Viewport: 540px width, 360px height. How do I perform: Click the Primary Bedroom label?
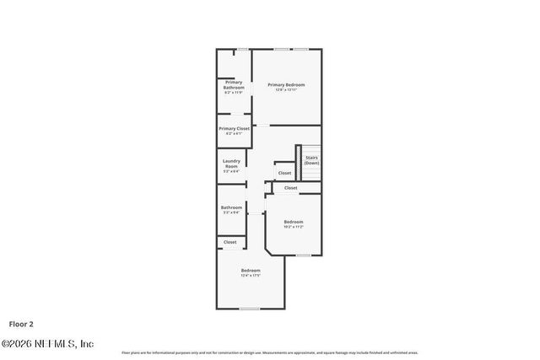286,84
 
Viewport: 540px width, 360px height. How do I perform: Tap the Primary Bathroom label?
234,84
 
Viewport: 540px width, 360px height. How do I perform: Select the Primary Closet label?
234,128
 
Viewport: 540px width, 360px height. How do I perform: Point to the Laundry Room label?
231,163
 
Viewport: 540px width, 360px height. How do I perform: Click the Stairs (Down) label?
311,159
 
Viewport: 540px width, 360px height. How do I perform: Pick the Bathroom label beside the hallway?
231,207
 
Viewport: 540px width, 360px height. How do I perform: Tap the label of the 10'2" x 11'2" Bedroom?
293,222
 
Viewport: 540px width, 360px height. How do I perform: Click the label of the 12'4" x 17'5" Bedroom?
251,271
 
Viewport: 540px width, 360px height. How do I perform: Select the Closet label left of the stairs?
284,173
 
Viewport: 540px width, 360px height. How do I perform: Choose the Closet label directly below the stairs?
290,188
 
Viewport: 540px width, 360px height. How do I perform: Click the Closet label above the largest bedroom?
229,242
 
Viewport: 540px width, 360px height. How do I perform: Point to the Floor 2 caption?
22,323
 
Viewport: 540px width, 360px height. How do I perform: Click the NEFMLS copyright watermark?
47,343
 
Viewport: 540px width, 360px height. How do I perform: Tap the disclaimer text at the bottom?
270,352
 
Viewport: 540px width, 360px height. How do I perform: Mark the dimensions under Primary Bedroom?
286,89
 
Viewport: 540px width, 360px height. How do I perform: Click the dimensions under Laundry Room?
231,171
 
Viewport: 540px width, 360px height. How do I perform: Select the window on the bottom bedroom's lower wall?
249,309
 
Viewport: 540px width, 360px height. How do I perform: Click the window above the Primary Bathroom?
242,49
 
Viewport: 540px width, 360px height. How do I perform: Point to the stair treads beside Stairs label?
299,162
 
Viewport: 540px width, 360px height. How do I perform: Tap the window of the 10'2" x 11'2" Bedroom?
303,255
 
